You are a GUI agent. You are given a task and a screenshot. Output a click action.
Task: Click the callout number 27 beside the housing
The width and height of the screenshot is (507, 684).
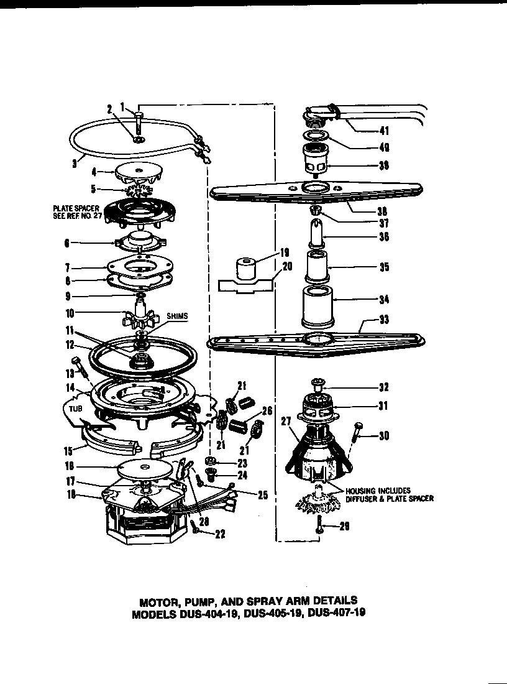coord(286,420)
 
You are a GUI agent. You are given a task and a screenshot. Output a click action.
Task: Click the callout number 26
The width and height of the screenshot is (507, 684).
coord(268,411)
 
